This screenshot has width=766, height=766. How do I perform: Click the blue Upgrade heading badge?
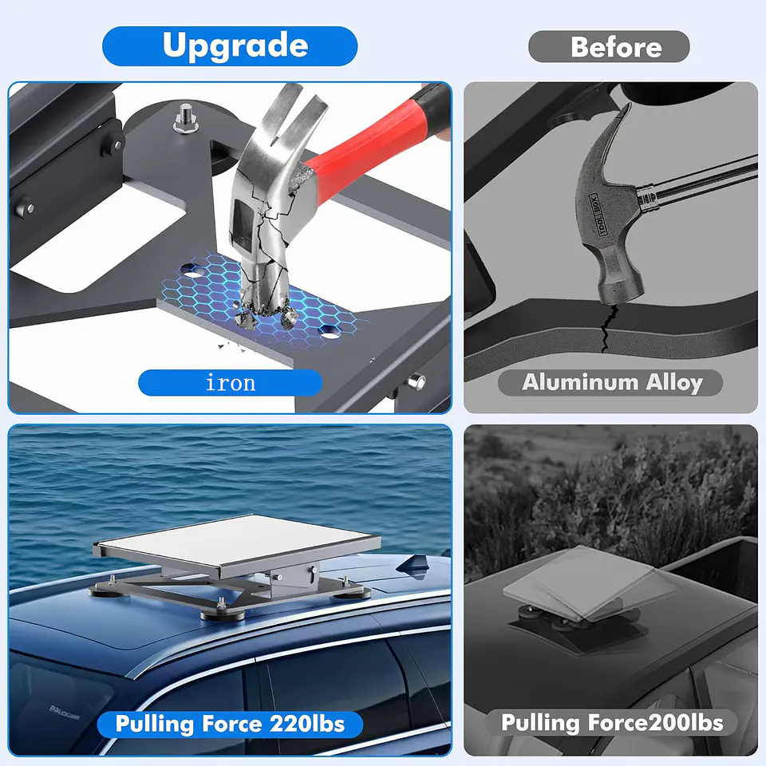pos(230,46)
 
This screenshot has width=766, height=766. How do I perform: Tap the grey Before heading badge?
pos(609,46)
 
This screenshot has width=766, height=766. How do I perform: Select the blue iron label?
pos(230,382)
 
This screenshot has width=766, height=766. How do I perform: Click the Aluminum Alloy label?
pos(610,382)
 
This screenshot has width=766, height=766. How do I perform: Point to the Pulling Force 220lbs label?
pos(230,725)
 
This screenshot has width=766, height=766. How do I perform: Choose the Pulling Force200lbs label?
pos(612,723)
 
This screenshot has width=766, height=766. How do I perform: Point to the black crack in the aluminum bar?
pos(608,328)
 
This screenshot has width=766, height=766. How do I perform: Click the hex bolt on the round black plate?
pos(186,120)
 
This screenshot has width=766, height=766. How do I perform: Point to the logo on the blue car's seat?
pos(64,713)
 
